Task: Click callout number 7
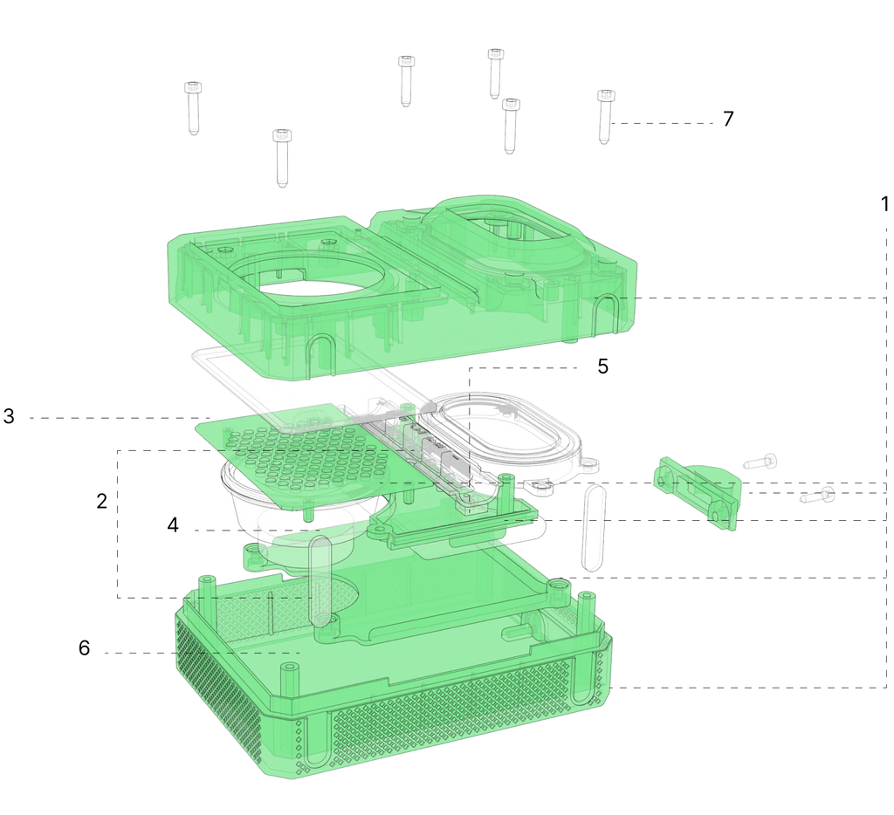click(728, 120)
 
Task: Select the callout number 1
click(884, 204)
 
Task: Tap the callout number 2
click(101, 501)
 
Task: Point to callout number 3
click(9, 416)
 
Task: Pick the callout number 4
click(173, 525)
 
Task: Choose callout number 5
click(602, 366)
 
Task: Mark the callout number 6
click(84, 648)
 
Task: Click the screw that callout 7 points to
click(605, 117)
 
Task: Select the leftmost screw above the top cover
click(193, 108)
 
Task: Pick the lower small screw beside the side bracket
click(817, 496)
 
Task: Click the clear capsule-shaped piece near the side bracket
click(593, 528)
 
